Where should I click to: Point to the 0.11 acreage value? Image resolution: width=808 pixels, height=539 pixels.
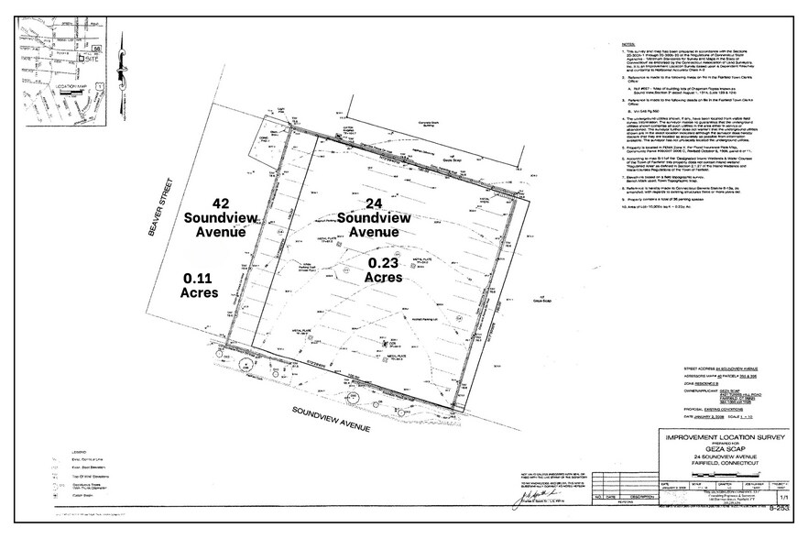[x=200, y=277]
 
